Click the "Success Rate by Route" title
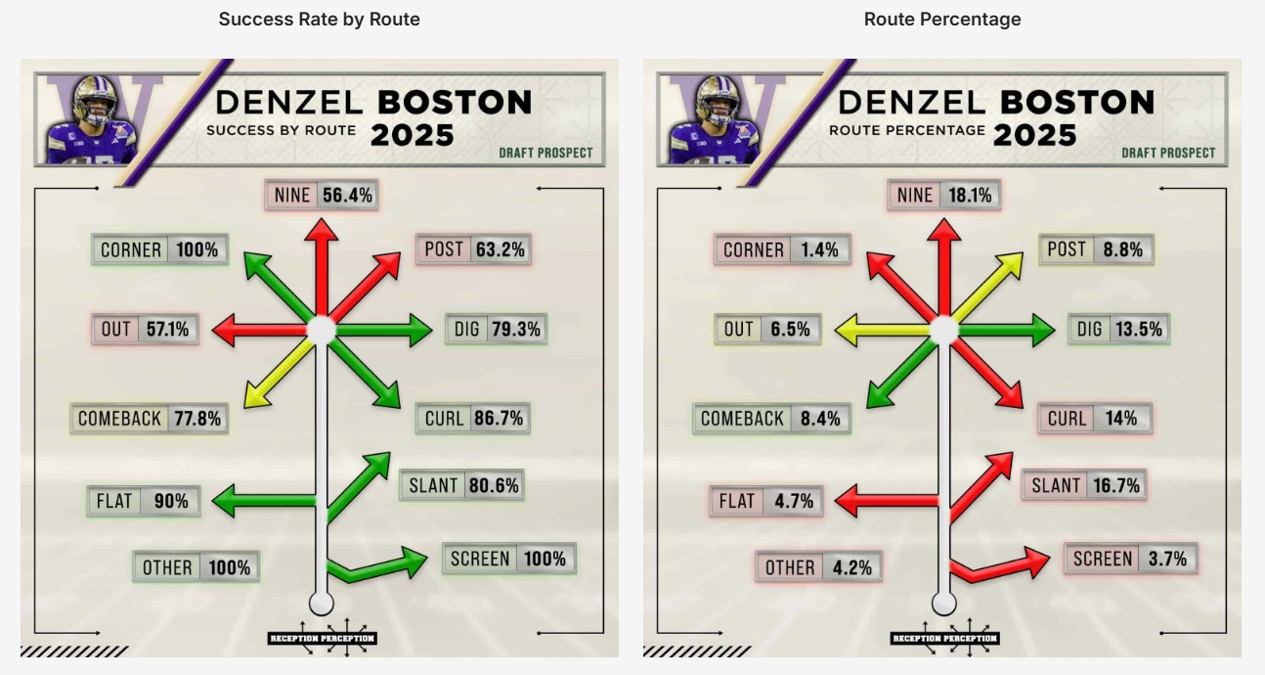tap(319, 20)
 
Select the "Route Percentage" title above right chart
tap(942, 20)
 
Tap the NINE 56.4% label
tap(322, 196)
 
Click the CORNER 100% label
tap(160, 250)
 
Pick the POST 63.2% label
tap(474, 249)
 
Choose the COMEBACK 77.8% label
tap(150, 419)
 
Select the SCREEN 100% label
tap(507, 559)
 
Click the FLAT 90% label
tap(143, 501)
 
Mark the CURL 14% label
tap(1094, 419)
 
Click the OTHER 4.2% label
tap(818, 567)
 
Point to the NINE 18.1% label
tap(944, 196)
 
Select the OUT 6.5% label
tap(767, 330)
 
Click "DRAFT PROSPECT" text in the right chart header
tap(1168, 153)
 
